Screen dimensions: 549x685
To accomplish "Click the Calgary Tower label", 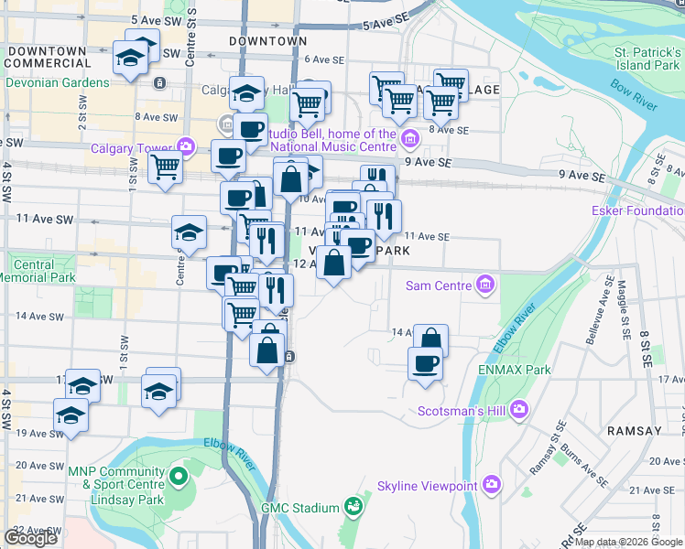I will (131, 148).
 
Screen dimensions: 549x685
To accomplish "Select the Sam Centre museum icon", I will (484, 285).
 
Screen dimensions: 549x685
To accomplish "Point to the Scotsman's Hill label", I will (462, 411).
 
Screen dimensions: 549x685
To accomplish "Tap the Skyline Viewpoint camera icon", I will (492, 483).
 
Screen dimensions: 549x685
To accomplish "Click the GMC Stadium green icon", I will (352, 506).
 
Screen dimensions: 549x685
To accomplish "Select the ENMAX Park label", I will (514, 370).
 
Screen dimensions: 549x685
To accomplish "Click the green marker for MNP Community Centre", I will (179, 476).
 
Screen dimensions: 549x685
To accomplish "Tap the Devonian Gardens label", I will (57, 82).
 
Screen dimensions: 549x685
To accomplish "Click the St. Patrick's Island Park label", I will (647, 59).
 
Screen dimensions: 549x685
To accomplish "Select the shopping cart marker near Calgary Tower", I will (165, 167).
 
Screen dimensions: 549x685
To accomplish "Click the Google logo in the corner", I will (30, 538).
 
